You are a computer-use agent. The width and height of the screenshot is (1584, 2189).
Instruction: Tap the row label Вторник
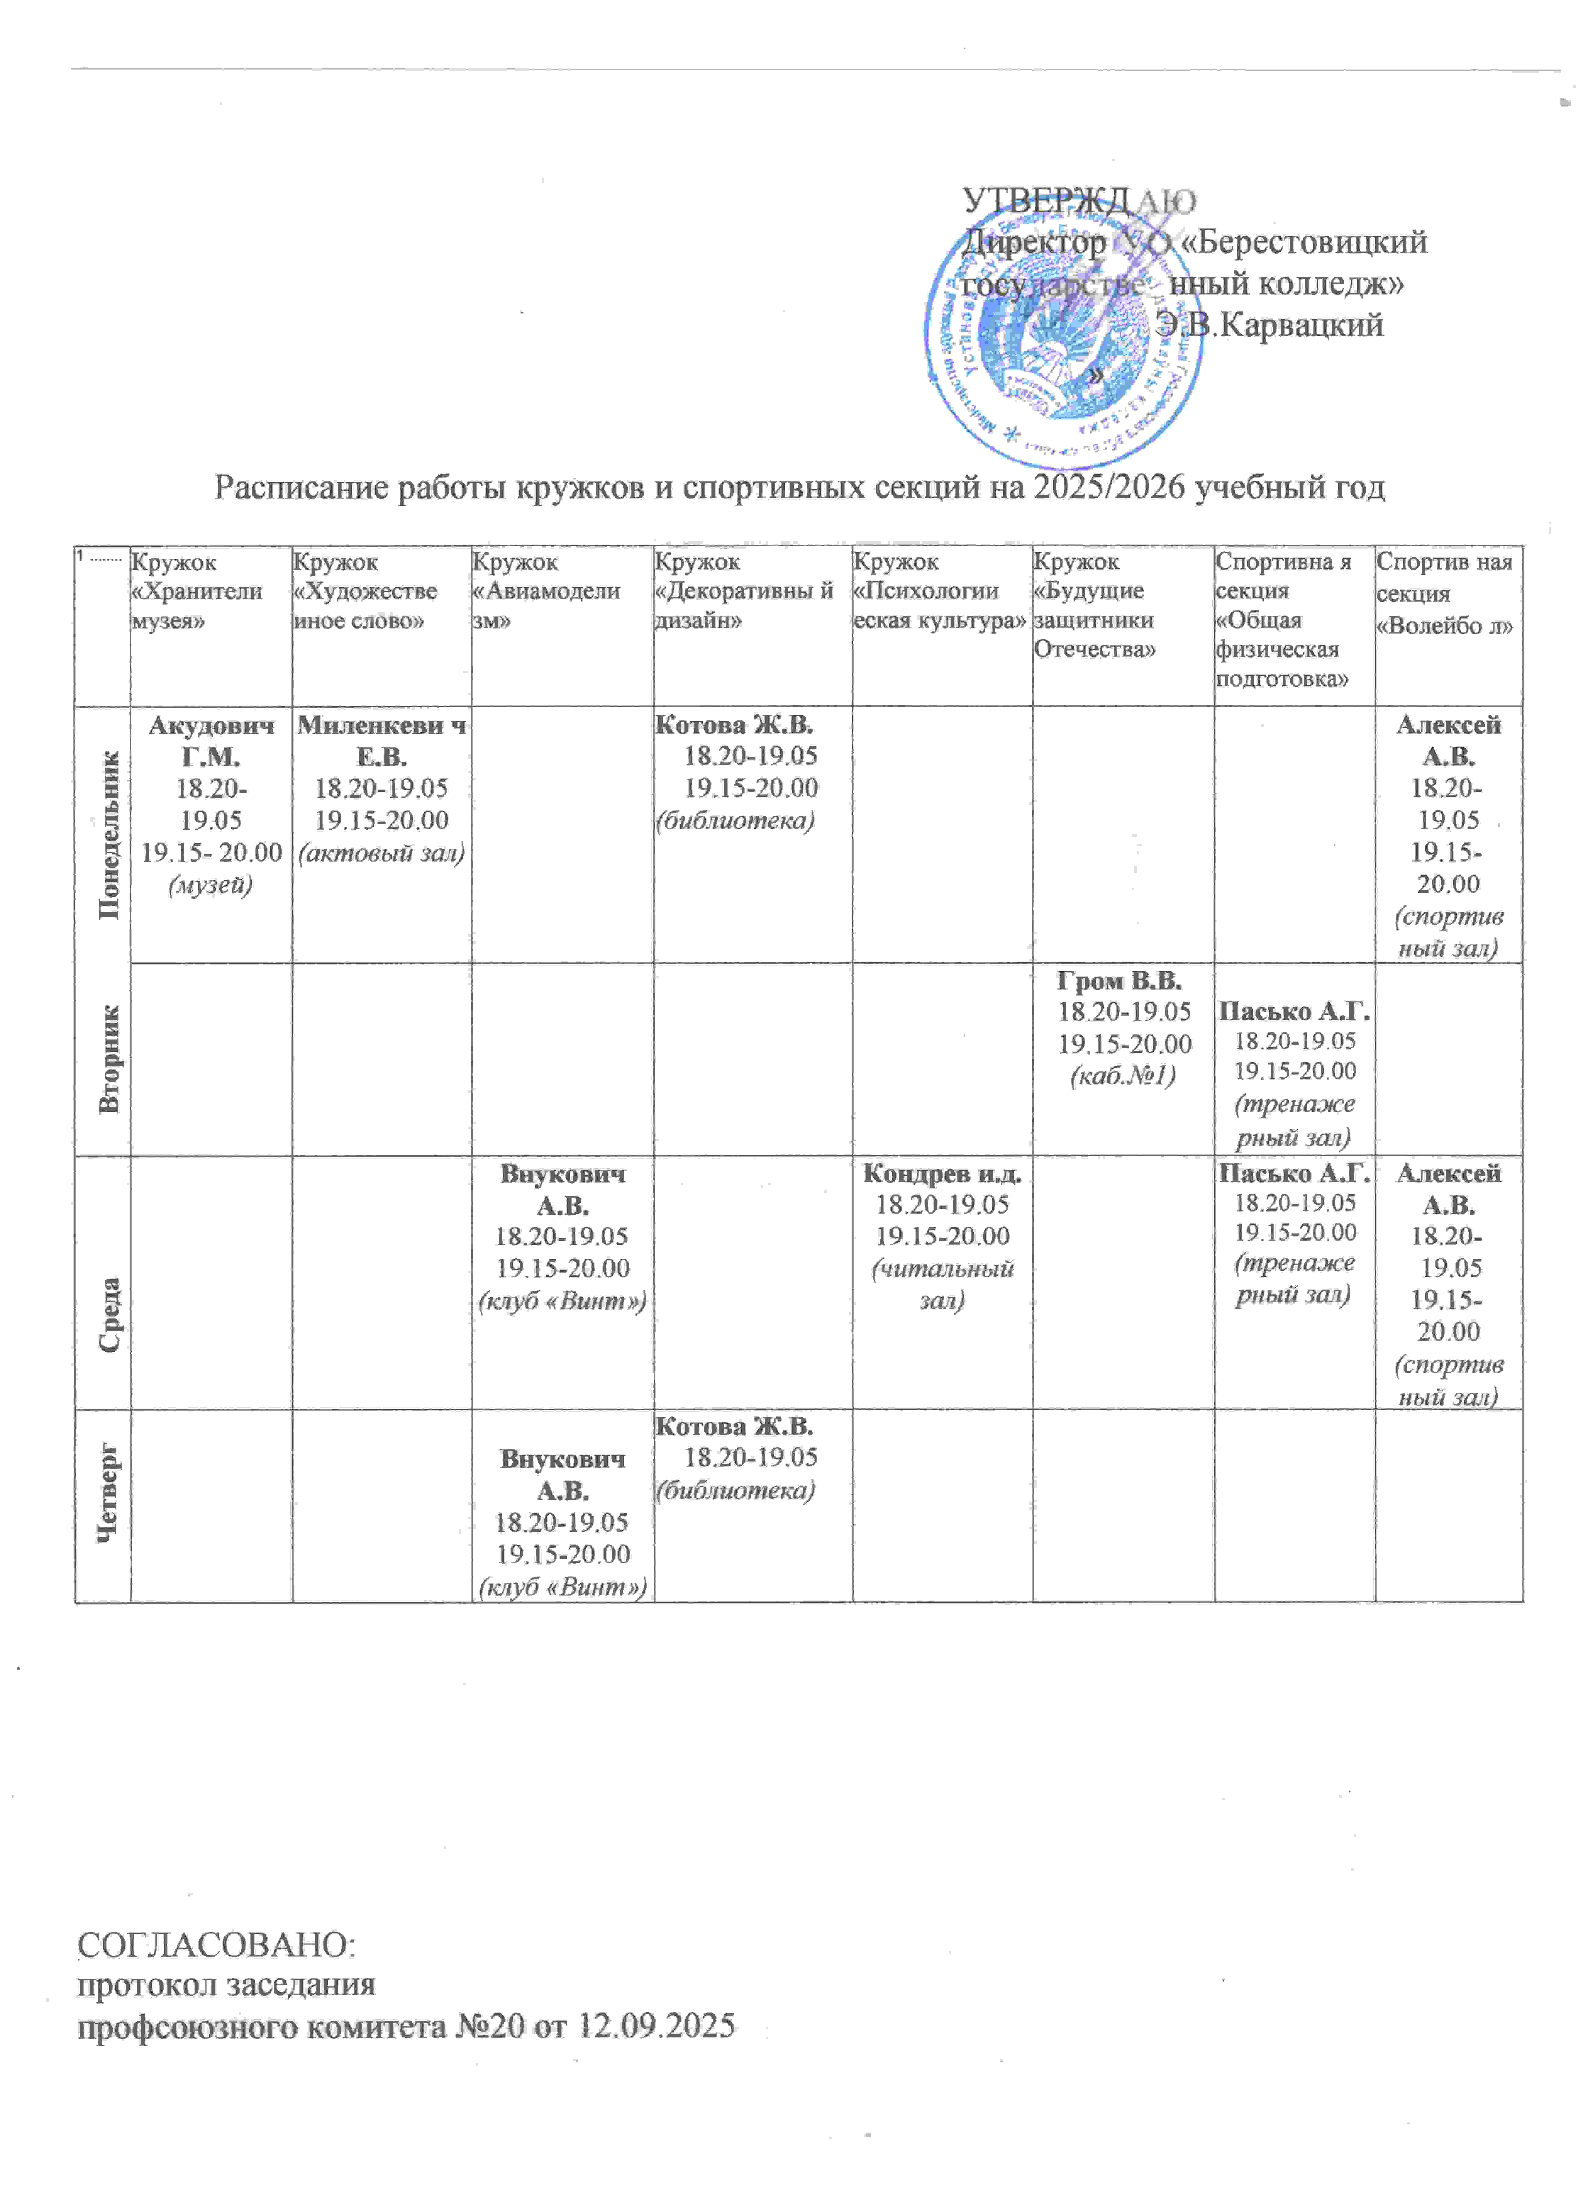click(109, 1059)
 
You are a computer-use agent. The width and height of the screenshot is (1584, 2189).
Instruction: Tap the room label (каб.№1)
click(1123, 1074)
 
